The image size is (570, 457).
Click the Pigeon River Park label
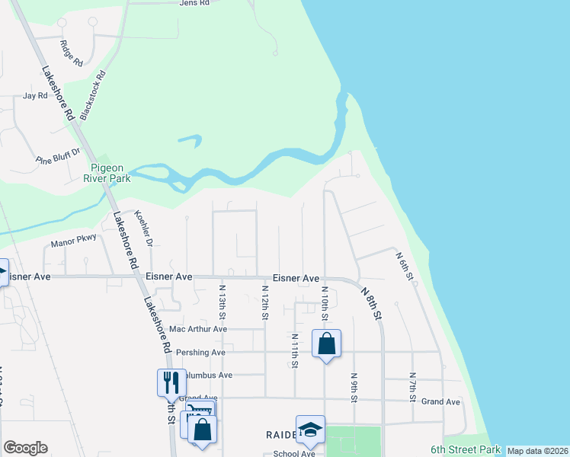coord(110,173)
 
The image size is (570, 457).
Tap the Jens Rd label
coord(194,4)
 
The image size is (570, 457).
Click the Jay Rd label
coord(35,96)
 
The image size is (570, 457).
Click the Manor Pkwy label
coord(73,243)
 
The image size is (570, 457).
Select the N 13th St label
coord(223,301)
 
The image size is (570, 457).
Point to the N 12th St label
coord(265,302)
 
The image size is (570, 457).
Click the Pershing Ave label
coord(200,353)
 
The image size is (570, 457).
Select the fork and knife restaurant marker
coord(169,382)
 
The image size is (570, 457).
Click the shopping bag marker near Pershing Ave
coord(326,343)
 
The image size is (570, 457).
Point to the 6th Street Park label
coord(465,449)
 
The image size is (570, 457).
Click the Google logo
coord(25,448)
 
